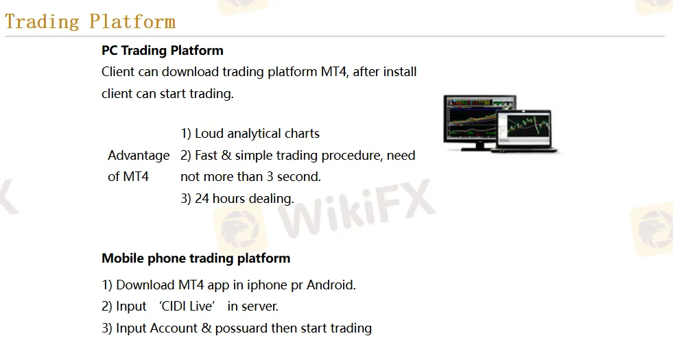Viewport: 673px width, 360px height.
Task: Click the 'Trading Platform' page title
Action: (x=90, y=21)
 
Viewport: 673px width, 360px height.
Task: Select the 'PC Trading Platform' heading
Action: (x=162, y=50)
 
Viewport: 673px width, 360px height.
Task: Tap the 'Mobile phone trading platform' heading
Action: (x=196, y=259)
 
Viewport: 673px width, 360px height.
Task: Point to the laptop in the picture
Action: (x=527, y=130)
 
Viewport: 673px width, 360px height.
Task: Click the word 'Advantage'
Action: (x=139, y=156)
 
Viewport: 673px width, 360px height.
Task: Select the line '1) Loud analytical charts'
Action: (x=250, y=134)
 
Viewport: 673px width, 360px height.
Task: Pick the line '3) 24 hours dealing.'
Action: (x=237, y=199)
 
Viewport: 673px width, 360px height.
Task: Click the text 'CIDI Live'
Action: (x=187, y=307)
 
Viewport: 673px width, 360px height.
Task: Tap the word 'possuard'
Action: (x=241, y=328)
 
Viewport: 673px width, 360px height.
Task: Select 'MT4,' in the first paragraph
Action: (x=335, y=71)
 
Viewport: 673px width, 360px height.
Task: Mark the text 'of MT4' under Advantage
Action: (x=128, y=177)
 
